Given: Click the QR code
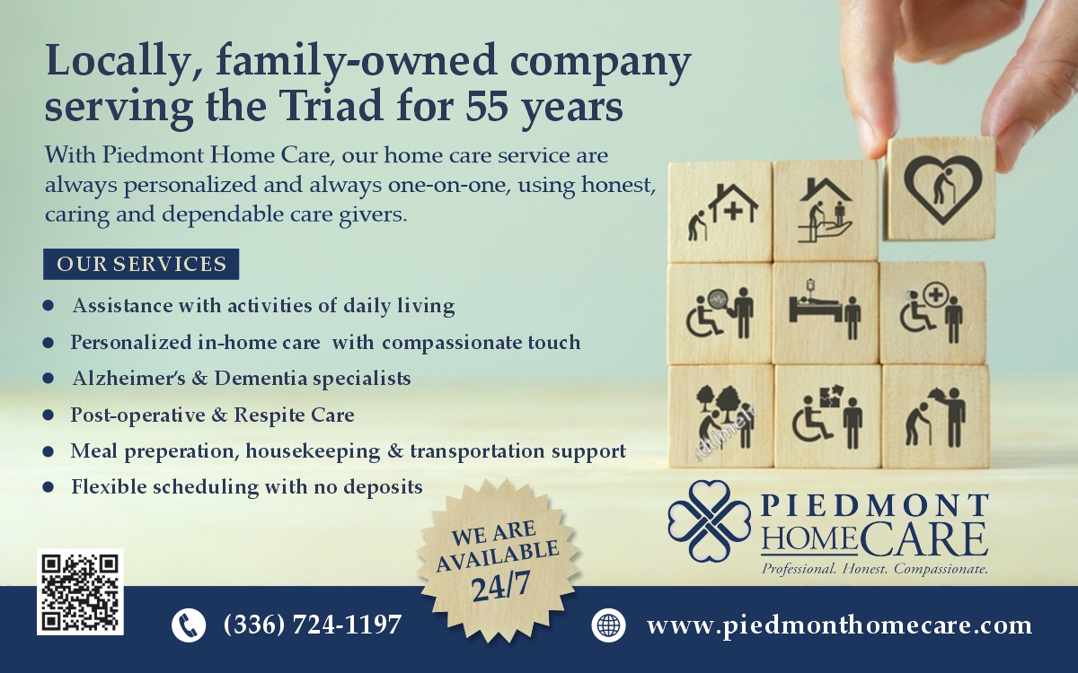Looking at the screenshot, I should (x=80, y=592).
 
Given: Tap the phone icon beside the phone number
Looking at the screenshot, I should (x=189, y=625).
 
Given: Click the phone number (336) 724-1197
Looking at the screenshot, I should (x=312, y=625).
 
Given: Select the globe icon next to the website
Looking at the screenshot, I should (x=608, y=625).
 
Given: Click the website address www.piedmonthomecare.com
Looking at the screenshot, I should (x=839, y=625).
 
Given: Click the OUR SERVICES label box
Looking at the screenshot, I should (x=141, y=264).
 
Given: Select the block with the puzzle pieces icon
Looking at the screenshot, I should (x=826, y=415).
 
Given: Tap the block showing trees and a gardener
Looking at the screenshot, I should (x=720, y=415).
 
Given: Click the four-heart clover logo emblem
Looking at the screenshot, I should (x=709, y=520).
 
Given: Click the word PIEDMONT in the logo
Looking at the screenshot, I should (x=875, y=505).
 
